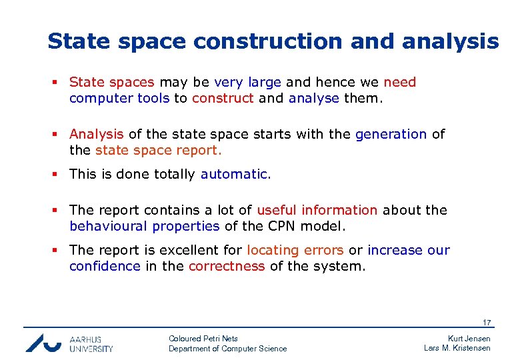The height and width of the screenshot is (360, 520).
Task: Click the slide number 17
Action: tap(487, 323)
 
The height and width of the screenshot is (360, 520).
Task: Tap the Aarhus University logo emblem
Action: tap(43, 343)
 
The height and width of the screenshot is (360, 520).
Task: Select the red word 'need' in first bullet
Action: tap(399, 83)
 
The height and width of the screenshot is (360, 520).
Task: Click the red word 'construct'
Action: tap(223, 98)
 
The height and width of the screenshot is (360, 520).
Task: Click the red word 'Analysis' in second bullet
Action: tap(96, 134)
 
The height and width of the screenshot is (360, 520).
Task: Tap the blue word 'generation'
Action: tap(391, 134)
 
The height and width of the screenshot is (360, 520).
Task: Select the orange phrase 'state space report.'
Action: tap(159, 150)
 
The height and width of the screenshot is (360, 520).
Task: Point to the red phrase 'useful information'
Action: tap(317, 210)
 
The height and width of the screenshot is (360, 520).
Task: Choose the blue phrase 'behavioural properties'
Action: tap(144, 226)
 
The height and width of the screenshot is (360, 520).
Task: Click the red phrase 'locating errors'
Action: tap(295, 251)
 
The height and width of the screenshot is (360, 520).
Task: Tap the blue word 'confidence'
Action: tap(105, 267)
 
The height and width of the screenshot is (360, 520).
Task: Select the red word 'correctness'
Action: tap(227, 267)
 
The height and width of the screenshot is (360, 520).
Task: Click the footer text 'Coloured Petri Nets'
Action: tap(203, 339)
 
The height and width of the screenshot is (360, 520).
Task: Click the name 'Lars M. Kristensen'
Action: tap(457, 348)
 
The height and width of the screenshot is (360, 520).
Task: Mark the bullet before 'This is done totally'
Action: tap(58, 175)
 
